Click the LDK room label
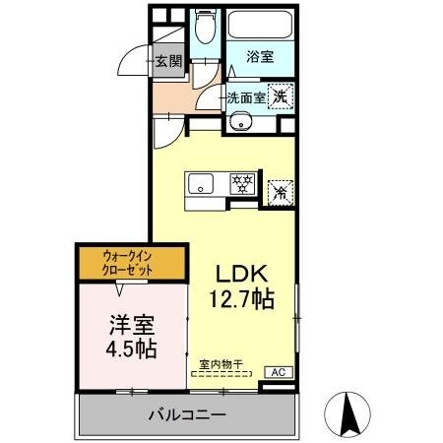tap(239, 273)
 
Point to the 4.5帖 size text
tap(131, 348)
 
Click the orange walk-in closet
tap(130, 263)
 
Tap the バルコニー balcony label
tap(188, 414)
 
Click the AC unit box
tap(279, 372)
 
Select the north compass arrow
tap(348, 412)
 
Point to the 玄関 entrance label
tap(169, 61)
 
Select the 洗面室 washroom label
tap(245, 96)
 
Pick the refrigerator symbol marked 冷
tap(281, 192)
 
